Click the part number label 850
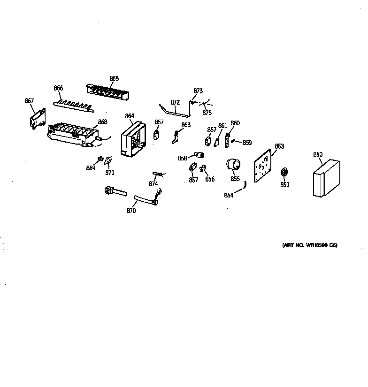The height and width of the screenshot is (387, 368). [318, 154]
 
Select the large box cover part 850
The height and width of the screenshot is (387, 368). [325, 180]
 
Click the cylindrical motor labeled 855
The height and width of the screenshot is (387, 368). [233, 166]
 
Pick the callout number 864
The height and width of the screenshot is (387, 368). [130, 116]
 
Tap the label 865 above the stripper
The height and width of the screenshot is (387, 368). [114, 79]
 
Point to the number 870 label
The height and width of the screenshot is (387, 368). [131, 211]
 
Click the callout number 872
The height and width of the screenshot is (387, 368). [175, 102]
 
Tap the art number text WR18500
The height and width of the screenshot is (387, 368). [310, 245]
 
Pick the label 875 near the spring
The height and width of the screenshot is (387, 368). [207, 113]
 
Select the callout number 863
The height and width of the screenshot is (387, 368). [186, 125]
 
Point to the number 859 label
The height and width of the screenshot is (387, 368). [247, 143]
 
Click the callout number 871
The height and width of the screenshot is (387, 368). [109, 173]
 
